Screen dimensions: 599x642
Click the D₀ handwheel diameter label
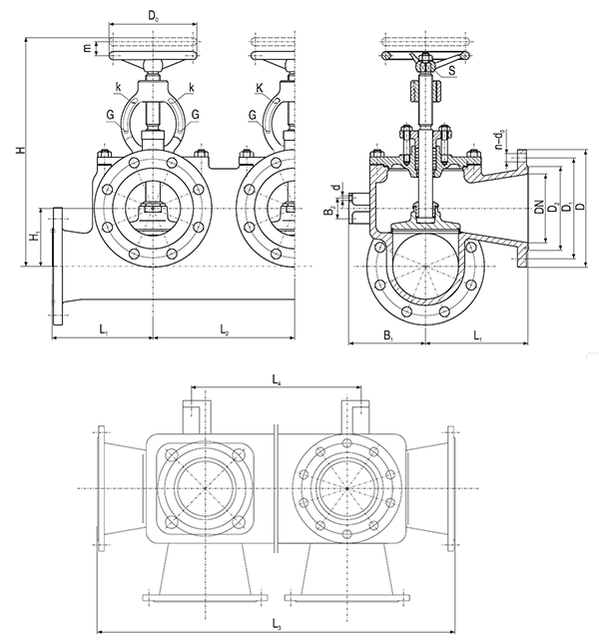[x=153, y=17]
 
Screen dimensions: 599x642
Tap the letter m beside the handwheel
[x=87, y=48]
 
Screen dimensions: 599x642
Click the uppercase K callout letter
[x=260, y=89]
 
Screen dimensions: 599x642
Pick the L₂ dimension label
[x=224, y=329]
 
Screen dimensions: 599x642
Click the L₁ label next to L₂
[x=104, y=329]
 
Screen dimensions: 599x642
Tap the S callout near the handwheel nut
[x=451, y=71]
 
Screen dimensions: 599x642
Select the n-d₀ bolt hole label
[x=499, y=139]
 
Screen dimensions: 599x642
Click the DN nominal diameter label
[x=540, y=207]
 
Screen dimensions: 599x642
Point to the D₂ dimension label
[x=553, y=207]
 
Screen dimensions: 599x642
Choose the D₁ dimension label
[x=567, y=207]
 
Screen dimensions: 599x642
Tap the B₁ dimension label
[x=388, y=336]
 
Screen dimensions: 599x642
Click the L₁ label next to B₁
[x=477, y=336]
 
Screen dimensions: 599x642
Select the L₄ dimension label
[x=278, y=380]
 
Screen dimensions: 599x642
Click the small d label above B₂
[x=336, y=188]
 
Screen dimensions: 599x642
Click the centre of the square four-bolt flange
[x=205, y=488]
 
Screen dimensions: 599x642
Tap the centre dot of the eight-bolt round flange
[x=347, y=488]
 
